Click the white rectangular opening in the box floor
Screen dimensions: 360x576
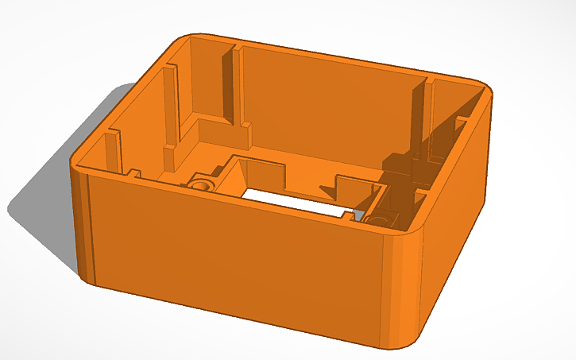click(294, 201)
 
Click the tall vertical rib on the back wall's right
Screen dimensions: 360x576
click(418, 119)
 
